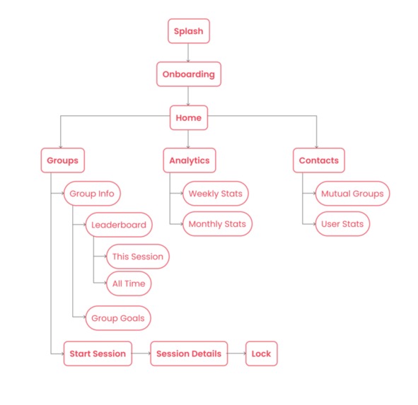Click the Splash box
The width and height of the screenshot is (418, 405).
click(x=189, y=32)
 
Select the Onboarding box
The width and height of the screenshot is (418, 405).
click(x=189, y=74)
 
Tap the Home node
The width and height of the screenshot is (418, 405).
click(x=189, y=118)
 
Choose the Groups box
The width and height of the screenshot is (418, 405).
click(x=62, y=160)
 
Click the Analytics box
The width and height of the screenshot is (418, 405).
click(x=189, y=160)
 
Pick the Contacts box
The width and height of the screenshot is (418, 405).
click(x=318, y=160)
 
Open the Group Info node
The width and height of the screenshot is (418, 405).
click(x=92, y=194)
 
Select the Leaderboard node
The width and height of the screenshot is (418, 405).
click(x=119, y=225)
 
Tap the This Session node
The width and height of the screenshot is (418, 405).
click(x=137, y=257)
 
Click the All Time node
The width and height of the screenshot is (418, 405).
click(x=128, y=283)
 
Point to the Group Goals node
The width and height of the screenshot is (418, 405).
click(x=118, y=318)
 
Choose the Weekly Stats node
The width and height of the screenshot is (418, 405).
click(x=216, y=194)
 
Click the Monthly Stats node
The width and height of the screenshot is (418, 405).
click(x=217, y=225)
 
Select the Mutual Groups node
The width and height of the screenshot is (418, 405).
click(x=352, y=194)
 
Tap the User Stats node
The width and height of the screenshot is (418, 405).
click(x=342, y=225)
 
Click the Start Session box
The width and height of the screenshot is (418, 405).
click(x=98, y=353)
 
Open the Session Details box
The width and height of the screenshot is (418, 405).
click(x=189, y=353)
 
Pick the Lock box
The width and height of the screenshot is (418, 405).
click(x=262, y=353)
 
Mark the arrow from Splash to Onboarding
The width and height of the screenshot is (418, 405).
click(x=189, y=52)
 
